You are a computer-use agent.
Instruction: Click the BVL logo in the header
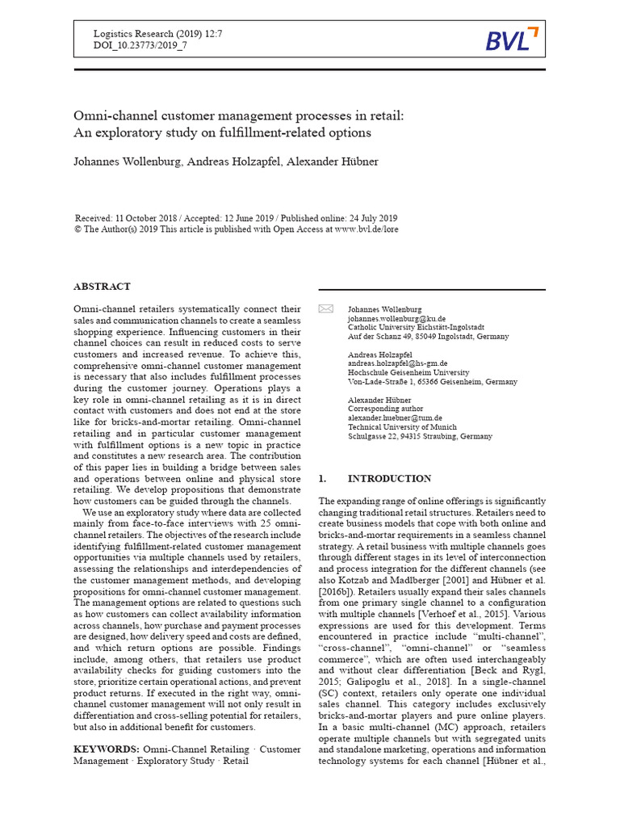511,38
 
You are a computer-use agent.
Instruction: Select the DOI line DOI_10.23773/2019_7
140,46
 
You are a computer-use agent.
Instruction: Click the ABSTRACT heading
102,287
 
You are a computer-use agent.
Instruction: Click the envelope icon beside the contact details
326,309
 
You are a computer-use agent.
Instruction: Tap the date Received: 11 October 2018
127,219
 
